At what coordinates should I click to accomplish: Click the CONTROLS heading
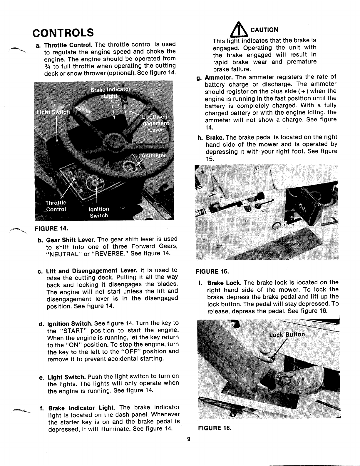(63, 32)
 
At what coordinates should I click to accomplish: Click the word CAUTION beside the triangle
(264, 30)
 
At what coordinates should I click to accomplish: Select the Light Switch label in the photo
(53, 112)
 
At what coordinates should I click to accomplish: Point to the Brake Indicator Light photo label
(110, 93)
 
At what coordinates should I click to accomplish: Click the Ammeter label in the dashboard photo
(153, 156)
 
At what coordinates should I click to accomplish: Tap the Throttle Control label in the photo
(56, 206)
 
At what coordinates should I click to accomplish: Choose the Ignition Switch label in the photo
(99, 212)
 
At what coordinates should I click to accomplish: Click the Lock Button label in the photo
(287, 335)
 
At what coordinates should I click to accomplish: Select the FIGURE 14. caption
(51, 228)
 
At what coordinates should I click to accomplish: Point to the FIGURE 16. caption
(215, 428)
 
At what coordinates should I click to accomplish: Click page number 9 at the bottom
(189, 439)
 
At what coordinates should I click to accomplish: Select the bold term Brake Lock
(224, 283)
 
